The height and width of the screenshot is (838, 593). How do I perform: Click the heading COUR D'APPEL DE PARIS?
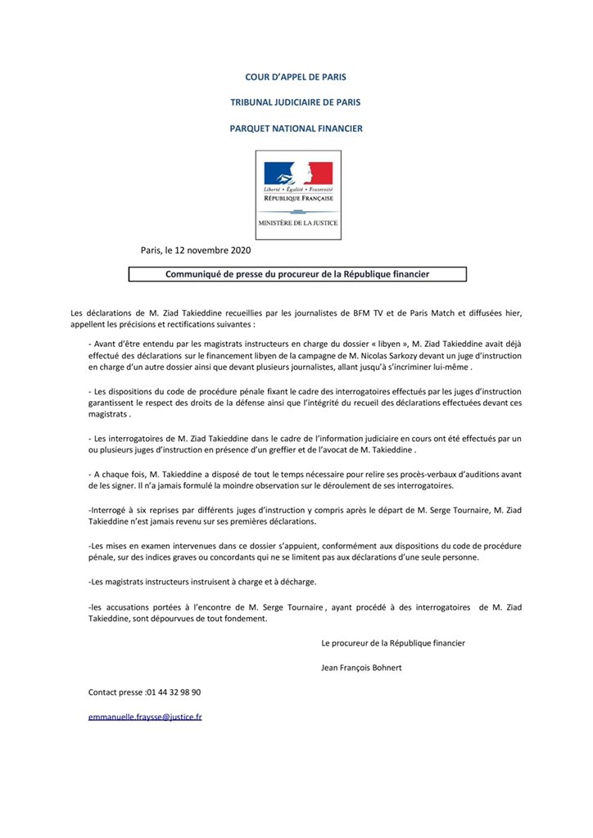coord(296,77)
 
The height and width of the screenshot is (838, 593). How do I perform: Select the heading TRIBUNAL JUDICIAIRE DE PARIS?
coord(296,102)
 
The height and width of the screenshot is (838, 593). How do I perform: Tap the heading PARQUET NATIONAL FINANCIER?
coord(296,128)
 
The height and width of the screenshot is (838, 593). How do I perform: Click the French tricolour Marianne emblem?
coord(298,173)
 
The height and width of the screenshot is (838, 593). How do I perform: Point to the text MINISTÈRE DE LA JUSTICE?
coord(298,223)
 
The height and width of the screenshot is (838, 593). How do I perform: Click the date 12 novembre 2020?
coord(220,250)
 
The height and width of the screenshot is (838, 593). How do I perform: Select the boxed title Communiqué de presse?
coord(297,275)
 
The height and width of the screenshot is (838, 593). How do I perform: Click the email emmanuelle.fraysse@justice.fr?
coord(145,717)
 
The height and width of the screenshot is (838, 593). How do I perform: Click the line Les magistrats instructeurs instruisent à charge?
coord(203,582)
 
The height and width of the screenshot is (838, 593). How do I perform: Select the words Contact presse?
coord(115,692)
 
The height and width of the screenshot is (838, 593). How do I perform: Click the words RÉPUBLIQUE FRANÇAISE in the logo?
coord(298,198)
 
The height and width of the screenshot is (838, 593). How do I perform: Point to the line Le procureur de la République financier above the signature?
coord(393,643)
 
